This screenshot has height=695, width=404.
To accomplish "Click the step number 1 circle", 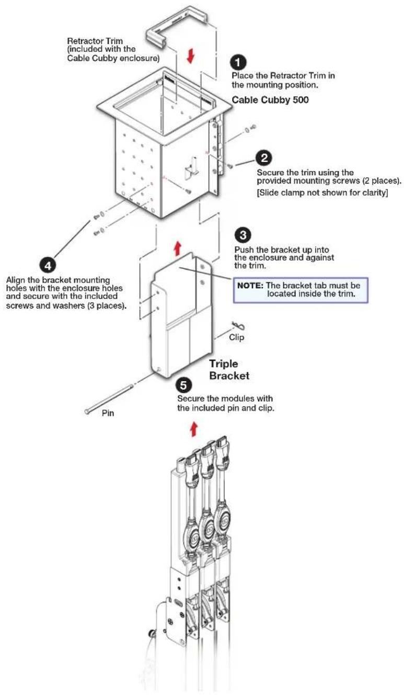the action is click(x=238, y=63).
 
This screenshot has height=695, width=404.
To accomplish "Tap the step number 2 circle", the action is click(x=263, y=158).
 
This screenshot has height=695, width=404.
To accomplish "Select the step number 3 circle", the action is click(x=243, y=235).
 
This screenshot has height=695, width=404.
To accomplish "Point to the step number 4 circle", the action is click(x=48, y=266).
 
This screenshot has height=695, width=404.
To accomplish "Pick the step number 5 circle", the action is click(x=184, y=385).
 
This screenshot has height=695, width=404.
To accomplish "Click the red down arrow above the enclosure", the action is click(x=191, y=56).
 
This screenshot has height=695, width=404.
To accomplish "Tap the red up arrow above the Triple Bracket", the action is click(x=177, y=249).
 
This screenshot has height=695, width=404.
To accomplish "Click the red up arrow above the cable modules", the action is click(x=194, y=428).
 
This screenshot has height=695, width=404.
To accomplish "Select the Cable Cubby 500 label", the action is click(x=270, y=100).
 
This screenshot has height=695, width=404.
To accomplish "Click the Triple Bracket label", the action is click(x=229, y=370).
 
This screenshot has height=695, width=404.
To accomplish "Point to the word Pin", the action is click(x=108, y=413).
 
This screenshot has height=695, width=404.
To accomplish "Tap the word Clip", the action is click(x=237, y=337).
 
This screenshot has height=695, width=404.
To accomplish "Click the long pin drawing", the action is click(x=109, y=398).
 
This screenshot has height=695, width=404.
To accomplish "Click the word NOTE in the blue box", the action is click(x=250, y=286).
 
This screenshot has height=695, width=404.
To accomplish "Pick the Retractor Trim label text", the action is click(x=113, y=49).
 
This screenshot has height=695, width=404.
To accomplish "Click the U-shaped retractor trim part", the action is click(x=177, y=23).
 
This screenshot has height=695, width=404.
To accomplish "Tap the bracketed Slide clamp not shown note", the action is click(x=322, y=192).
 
